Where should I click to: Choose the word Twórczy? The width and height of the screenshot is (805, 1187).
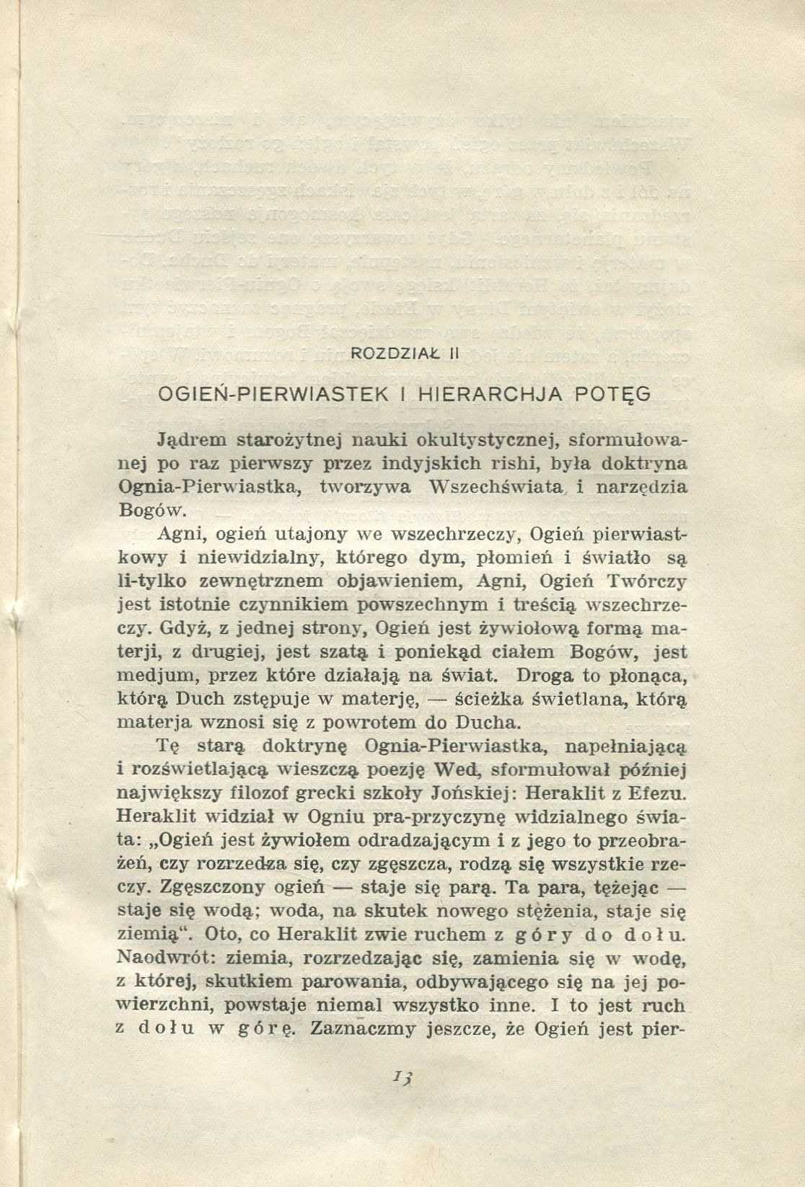(646, 581)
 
